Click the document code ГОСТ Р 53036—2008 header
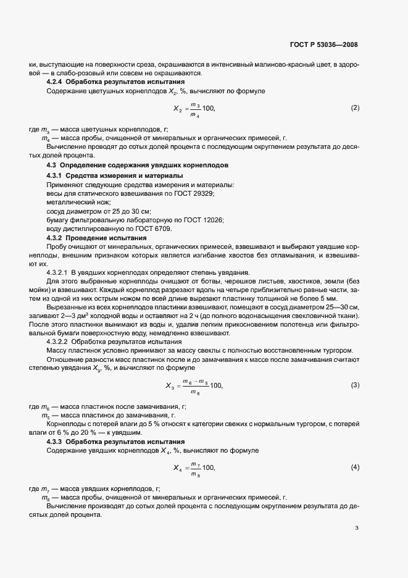(x=324, y=44)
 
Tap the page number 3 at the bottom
(x=357, y=528)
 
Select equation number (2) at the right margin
(x=355, y=108)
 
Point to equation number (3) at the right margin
(x=355, y=385)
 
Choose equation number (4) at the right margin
(x=355, y=466)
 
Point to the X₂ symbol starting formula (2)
(x=177, y=109)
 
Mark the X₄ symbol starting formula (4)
(x=177, y=467)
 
